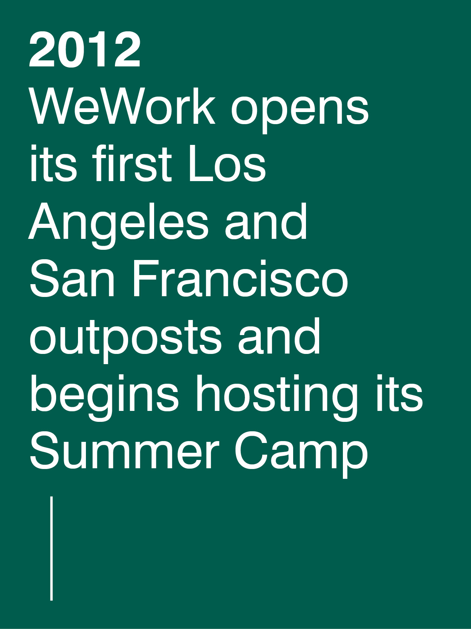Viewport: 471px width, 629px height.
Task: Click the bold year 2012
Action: (85, 49)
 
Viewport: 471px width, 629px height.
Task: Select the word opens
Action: (300, 112)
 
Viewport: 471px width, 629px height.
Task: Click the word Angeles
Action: (118, 225)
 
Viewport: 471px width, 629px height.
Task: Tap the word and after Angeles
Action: (266, 221)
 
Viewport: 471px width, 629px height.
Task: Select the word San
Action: (72, 278)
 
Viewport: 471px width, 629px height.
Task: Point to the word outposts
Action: (125, 340)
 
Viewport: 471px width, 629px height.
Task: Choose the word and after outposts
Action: (279, 336)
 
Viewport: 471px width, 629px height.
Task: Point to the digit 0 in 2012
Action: (72, 49)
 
